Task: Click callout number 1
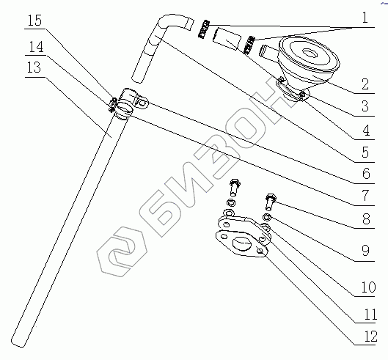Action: [x=365, y=18]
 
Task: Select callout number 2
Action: [x=365, y=84]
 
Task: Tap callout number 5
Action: [x=365, y=153]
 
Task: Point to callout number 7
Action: [x=365, y=196]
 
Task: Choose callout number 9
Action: [x=365, y=251]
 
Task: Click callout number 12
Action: [x=370, y=337]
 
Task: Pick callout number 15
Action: [x=34, y=21]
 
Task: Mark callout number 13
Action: [x=34, y=67]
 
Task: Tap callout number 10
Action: [x=369, y=287]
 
